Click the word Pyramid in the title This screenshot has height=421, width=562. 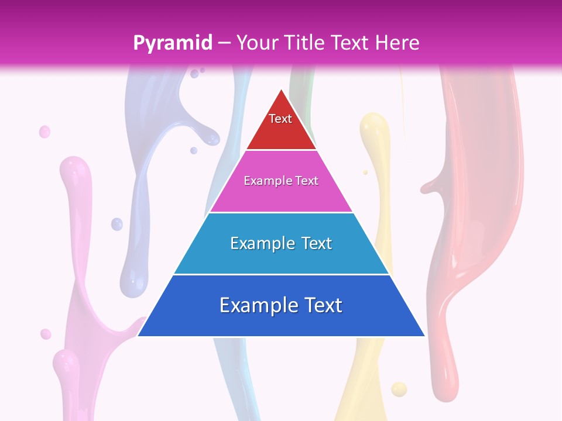173,43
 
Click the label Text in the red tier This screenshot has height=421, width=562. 280,119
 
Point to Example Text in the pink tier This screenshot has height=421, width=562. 281,181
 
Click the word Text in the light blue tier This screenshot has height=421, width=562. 313,243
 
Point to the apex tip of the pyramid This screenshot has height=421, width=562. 282,89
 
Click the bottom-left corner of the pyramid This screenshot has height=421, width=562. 138,336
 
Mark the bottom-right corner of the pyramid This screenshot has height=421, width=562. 424,336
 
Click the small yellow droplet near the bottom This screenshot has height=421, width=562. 399,388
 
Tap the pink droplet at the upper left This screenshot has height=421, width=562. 44,132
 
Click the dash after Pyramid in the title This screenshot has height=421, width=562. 224,43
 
